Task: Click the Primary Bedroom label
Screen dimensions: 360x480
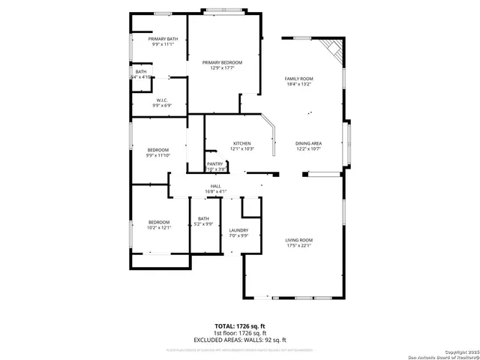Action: click(223, 62)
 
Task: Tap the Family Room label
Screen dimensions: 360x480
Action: click(298, 78)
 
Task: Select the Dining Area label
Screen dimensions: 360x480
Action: click(308, 143)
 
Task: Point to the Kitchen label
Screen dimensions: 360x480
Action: click(241, 143)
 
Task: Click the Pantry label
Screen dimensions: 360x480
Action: click(215, 163)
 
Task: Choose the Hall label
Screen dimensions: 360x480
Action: click(215, 185)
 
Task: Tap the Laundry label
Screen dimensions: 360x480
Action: click(238, 230)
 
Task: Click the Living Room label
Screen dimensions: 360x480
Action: click(298, 240)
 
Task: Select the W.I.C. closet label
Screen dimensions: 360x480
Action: click(162, 100)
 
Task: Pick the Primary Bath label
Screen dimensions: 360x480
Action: click(163, 39)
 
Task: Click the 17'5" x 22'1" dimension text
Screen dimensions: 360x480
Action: click(298, 245)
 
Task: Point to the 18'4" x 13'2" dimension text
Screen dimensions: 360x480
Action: click(298, 84)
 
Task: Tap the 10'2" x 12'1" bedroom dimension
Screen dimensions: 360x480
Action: click(160, 227)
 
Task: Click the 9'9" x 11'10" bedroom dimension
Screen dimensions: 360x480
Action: click(159, 155)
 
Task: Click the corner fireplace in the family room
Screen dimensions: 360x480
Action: click(331, 51)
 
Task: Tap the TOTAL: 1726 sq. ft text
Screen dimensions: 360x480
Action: click(240, 325)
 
